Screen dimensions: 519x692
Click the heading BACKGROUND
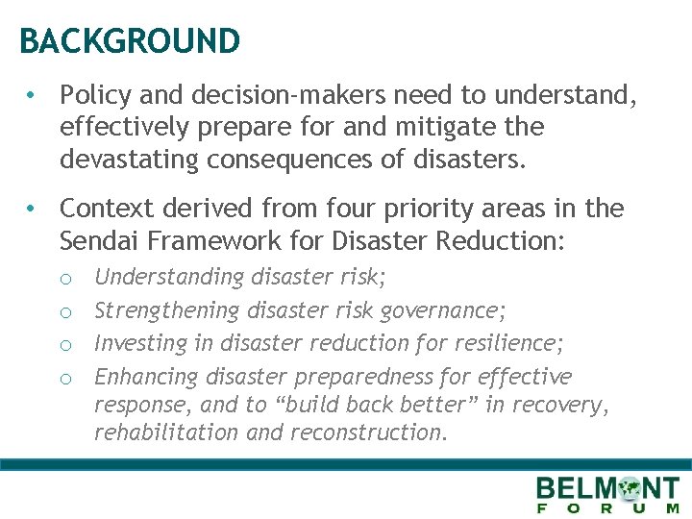[130, 41]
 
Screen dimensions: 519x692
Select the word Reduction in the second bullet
[509, 240]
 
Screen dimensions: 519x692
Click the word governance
[444, 310]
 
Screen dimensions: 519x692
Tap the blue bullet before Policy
[32, 95]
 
